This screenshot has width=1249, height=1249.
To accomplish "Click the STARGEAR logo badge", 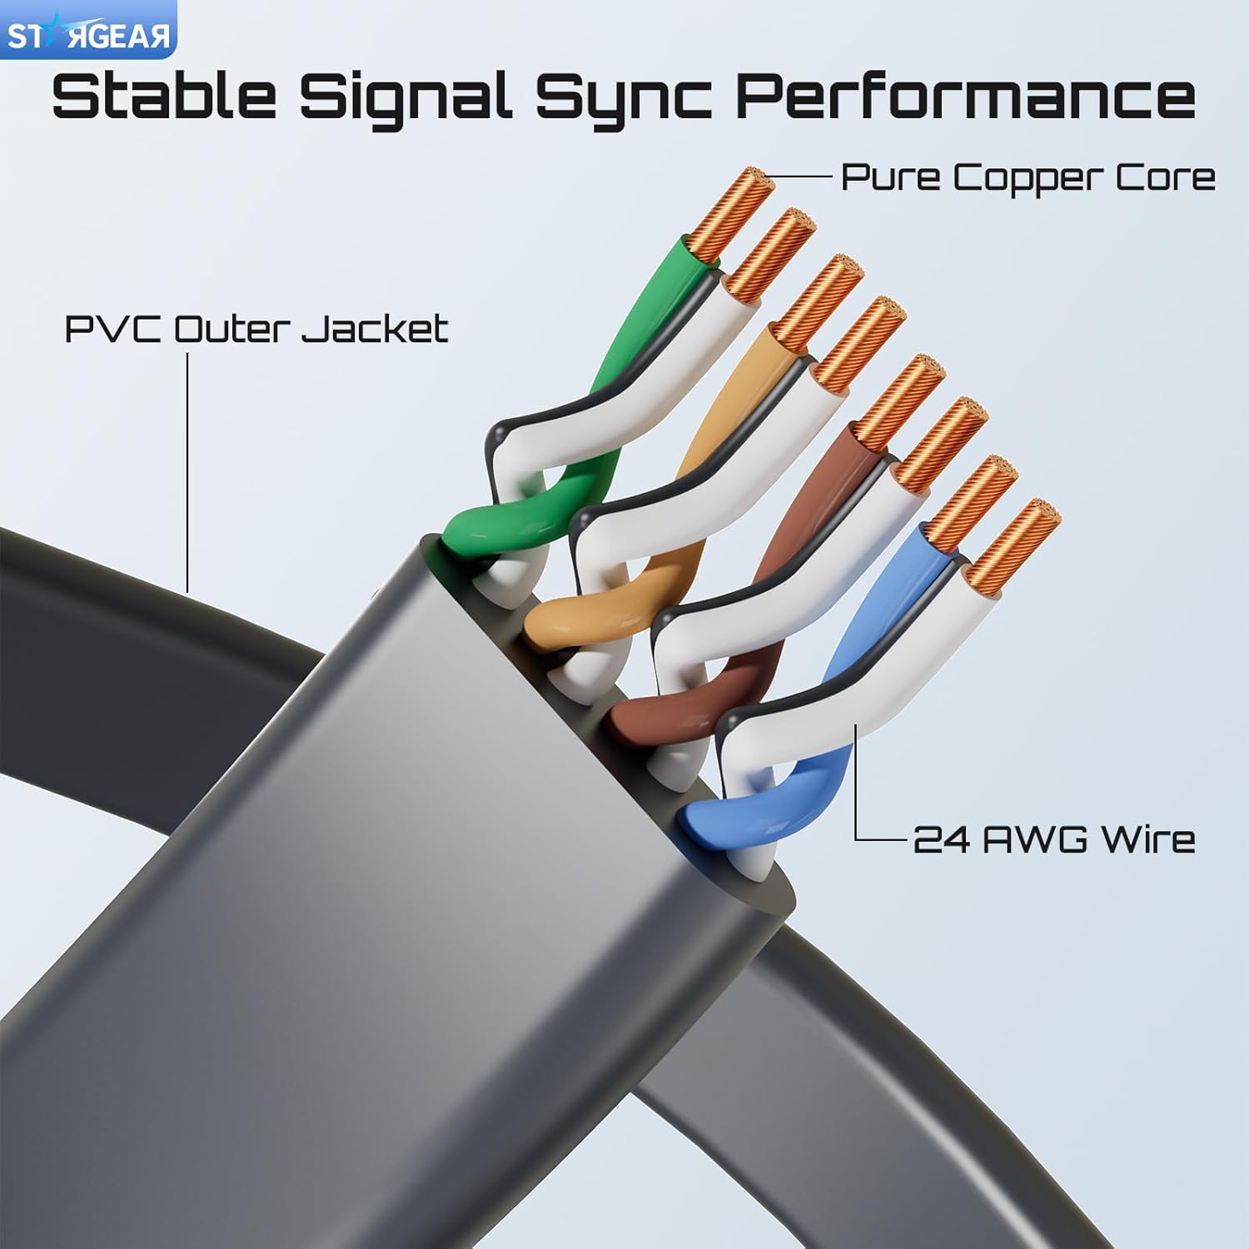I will pyautogui.click(x=87, y=30).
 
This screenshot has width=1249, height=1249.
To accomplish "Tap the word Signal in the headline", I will pyautogui.click(x=406, y=97).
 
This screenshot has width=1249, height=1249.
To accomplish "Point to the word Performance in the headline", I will pyautogui.click(x=965, y=97).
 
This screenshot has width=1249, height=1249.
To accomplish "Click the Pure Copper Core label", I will pyautogui.click(x=1028, y=177).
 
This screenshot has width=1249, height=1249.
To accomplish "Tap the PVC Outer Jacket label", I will pyautogui.click(x=256, y=330).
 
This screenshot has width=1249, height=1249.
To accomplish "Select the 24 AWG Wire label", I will pyautogui.click(x=1053, y=838).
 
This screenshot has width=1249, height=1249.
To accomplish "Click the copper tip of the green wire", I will pyautogui.click(x=728, y=212).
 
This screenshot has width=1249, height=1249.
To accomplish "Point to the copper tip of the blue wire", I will pyautogui.click(x=971, y=504).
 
